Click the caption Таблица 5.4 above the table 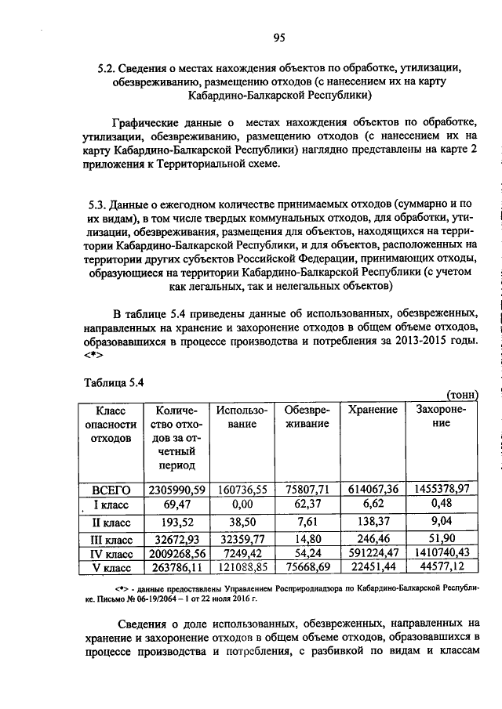pos(115,382)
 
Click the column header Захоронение pos(440,416)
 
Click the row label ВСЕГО pos(111,489)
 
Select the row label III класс pos(111,539)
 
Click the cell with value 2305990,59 pos(176,489)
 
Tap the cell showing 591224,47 pos(373,553)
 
